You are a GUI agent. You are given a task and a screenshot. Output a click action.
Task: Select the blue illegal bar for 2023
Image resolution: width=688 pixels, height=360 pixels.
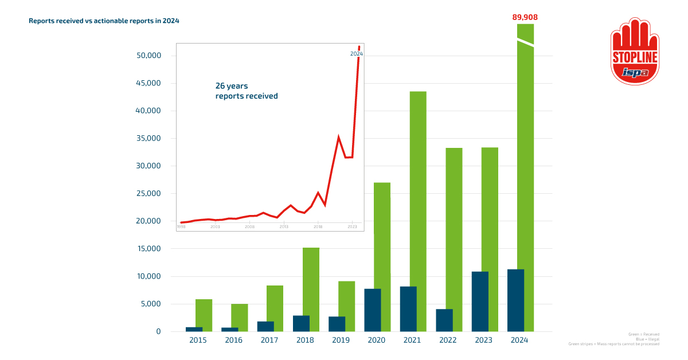480,302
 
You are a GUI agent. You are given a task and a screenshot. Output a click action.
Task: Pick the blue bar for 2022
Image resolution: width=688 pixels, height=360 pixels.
444,320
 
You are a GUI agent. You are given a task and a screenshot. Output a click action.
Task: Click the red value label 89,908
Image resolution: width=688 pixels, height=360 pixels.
525,17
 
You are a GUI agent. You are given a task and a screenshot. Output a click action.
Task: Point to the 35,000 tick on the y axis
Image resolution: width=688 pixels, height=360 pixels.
149,139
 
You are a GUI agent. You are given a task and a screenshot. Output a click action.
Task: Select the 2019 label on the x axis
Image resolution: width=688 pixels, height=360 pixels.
341,340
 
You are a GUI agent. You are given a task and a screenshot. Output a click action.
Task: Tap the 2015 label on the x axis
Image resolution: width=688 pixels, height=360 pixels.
198,340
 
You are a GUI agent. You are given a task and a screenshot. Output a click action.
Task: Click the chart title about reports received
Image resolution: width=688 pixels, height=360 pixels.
104,21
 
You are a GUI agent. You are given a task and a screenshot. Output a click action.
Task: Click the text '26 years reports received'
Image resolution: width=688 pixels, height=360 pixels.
247,91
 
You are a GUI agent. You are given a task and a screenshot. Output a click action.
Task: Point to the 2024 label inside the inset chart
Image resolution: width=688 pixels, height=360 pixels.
356,54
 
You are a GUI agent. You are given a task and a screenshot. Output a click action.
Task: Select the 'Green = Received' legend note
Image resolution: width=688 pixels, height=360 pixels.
643,334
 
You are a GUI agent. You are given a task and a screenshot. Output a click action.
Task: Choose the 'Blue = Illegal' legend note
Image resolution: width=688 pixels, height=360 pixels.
647,339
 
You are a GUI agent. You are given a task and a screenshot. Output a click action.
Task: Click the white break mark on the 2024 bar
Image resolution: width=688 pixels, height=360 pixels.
525,42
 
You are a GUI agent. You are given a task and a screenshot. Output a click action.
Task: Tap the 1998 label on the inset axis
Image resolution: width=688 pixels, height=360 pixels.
181,227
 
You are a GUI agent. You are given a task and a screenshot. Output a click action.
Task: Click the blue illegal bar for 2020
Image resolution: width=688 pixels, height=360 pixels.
373,310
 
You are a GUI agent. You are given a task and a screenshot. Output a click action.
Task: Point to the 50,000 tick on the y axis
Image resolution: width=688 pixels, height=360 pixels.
149,56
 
